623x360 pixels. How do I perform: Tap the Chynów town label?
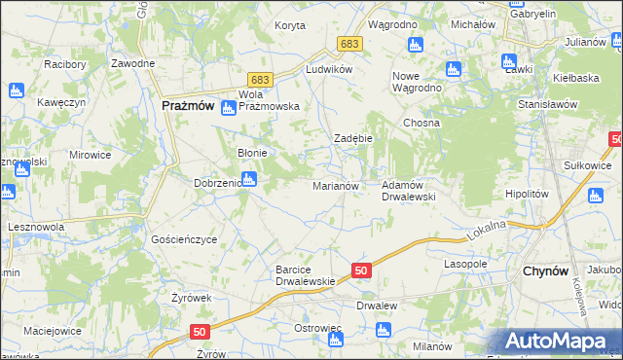point(545,271)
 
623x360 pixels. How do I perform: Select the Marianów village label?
point(336,185)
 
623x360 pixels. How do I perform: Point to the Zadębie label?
point(354,139)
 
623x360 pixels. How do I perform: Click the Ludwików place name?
point(327,70)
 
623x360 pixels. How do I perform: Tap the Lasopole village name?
point(465,264)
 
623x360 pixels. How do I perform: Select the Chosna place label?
point(422,124)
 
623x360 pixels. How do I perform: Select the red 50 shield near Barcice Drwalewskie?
point(360,270)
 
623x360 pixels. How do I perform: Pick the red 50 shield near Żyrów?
point(201,332)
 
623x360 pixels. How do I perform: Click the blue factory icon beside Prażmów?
point(228,108)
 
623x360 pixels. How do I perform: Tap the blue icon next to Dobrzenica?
point(249,179)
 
